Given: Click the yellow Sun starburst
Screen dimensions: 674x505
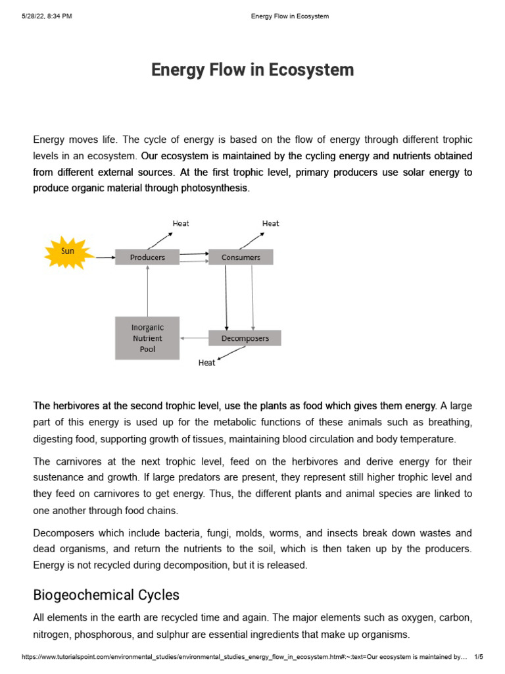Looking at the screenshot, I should (x=68, y=251).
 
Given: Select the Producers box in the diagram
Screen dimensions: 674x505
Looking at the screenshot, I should (x=147, y=257).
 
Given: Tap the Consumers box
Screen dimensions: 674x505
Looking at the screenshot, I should (x=241, y=257).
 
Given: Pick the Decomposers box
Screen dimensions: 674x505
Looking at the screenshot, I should (x=245, y=338).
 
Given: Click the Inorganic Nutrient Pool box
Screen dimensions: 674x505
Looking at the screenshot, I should (x=147, y=338).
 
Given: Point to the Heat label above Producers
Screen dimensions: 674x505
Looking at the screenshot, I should (x=181, y=224).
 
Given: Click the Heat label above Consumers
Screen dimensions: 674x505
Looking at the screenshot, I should (x=270, y=224).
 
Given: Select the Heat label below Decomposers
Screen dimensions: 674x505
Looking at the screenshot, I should (x=206, y=363).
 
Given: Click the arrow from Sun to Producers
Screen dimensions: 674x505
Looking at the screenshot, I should (x=105, y=257).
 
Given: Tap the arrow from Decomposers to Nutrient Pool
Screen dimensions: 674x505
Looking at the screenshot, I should (x=194, y=338).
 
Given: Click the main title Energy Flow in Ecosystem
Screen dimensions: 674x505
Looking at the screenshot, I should (x=252, y=70).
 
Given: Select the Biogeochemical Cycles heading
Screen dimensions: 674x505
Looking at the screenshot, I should (x=106, y=595).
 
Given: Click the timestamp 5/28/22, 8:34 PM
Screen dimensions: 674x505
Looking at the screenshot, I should (x=47, y=16).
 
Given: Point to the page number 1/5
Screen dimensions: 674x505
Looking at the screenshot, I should (x=478, y=657).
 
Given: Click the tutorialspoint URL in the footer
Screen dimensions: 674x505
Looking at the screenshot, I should (x=243, y=657).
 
